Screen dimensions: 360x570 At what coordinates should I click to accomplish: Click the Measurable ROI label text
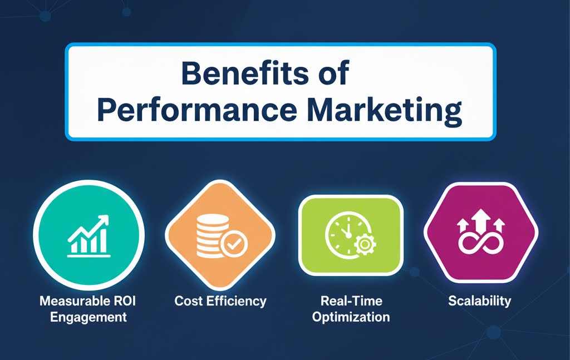tap(88, 302)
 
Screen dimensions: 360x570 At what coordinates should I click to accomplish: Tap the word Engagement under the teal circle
tap(88, 318)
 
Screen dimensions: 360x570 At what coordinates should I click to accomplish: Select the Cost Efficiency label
tap(220, 302)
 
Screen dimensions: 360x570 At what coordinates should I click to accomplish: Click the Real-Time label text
tap(351, 302)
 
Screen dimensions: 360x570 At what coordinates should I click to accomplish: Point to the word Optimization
tap(351, 318)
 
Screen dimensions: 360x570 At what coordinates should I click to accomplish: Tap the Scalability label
tap(480, 302)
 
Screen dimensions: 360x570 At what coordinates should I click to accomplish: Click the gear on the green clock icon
tap(365, 245)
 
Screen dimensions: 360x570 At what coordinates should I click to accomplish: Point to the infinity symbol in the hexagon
tap(480, 243)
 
